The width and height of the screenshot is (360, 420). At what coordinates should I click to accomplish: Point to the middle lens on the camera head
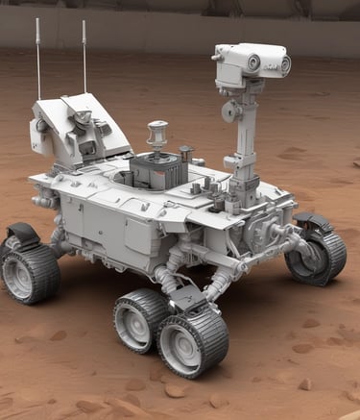click(253, 62)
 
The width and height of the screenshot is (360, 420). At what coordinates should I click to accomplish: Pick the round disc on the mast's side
click(229, 111)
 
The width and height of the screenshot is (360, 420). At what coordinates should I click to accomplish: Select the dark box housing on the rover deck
click(158, 171)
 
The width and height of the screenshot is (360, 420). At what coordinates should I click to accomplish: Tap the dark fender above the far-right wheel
click(314, 224)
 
